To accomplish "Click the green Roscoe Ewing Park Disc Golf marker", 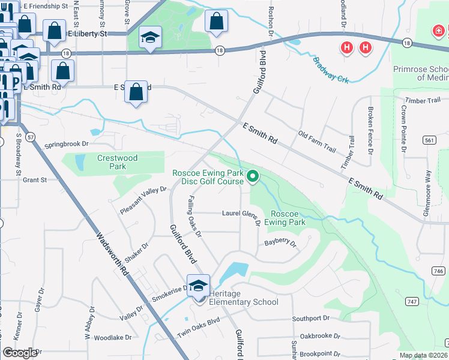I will [253, 176].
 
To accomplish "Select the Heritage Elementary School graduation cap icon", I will [198, 285].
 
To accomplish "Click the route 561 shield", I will [428, 140].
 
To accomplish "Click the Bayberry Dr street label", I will [281, 243].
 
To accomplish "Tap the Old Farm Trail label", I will [318, 140].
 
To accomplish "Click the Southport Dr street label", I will [311, 318].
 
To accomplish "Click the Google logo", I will [20, 353].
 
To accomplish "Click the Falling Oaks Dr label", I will [194, 214].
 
